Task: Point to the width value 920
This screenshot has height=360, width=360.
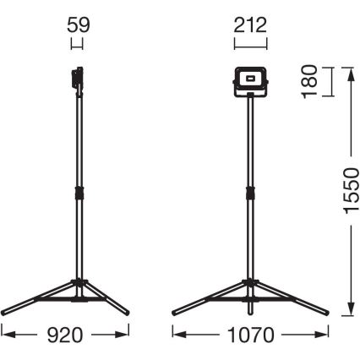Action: pyautogui.click(x=66, y=335)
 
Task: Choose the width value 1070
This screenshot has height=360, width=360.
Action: pyautogui.click(x=252, y=335)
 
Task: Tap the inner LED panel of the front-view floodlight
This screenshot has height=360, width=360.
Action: pyautogui.click(x=250, y=79)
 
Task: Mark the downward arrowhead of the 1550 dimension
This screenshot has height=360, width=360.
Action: pyautogui.click(x=347, y=312)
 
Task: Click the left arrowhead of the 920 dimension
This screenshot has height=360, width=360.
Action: pyautogui.click(x=4, y=335)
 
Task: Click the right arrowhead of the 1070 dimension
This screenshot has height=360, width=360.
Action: pyautogui.click(x=329, y=335)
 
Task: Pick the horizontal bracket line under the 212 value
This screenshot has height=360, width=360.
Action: pyautogui.click(x=251, y=41)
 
